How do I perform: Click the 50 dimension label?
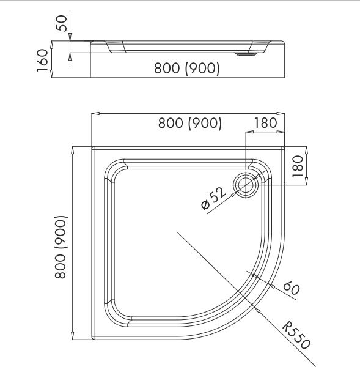[x=61, y=23]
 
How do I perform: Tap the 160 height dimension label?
[x=43, y=61]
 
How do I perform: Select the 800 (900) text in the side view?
[x=187, y=68]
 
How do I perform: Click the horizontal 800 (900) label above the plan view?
[x=190, y=124]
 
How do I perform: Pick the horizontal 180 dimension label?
[x=265, y=123]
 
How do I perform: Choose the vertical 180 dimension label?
[x=298, y=166]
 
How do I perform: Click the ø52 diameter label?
[x=213, y=198]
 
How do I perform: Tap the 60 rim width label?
[x=291, y=288]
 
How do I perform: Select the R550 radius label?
[x=296, y=335]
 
